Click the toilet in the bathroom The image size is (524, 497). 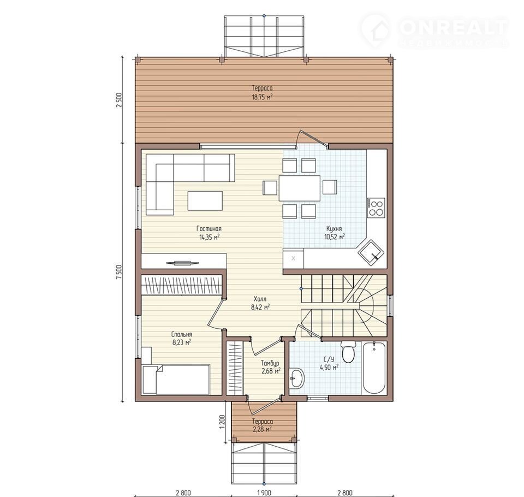pyautogui.click(x=349, y=352)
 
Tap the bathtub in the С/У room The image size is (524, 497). pyautogui.click(x=374, y=368)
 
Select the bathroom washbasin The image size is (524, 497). pyautogui.click(x=296, y=378)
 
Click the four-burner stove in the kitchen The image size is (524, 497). pyautogui.click(x=377, y=208)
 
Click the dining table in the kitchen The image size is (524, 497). pyautogui.click(x=300, y=188)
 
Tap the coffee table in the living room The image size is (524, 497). pyautogui.click(x=205, y=200)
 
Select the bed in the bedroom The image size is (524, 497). pyautogui.click(x=176, y=379)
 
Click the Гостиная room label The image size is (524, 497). pyautogui.click(x=209, y=229)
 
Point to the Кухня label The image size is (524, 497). pyautogui.click(x=334, y=229)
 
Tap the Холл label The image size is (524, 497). pyautogui.click(x=260, y=299)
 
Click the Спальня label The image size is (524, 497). pyautogui.click(x=181, y=334)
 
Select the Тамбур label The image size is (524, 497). pyautogui.click(x=270, y=363)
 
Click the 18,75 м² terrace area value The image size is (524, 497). pyautogui.click(x=263, y=97)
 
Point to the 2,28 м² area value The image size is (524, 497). pyautogui.click(x=263, y=429)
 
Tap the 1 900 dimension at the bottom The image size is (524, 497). pyautogui.click(x=264, y=493)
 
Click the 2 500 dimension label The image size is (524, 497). pyautogui.click(x=120, y=100)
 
